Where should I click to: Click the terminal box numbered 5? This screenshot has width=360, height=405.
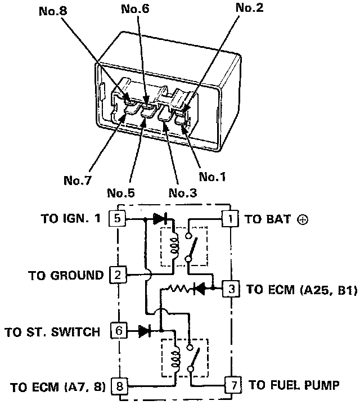click(x=117, y=218)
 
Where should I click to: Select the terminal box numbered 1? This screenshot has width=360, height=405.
click(x=230, y=218)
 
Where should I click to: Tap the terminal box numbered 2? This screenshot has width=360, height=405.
click(x=117, y=275)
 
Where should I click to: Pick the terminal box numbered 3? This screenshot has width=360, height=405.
click(x=231, y=289)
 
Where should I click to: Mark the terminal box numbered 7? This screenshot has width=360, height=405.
click(x=232, y=386)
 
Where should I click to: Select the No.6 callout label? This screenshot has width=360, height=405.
click(x=135, y=8)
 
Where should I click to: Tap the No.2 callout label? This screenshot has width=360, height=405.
click(x=250, y=8)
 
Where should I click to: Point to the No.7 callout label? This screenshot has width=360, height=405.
click(x=77, y=181)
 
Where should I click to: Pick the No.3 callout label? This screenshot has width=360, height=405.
click(x=183, y=193)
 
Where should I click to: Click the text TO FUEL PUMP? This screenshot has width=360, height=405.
click(x=294, y=385)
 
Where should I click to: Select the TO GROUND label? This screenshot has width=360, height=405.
click(x=66, y=276)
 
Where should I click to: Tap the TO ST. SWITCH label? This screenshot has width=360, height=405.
click(x=53, y=331)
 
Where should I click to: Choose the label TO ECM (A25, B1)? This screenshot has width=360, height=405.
click(x=302, y=290)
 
